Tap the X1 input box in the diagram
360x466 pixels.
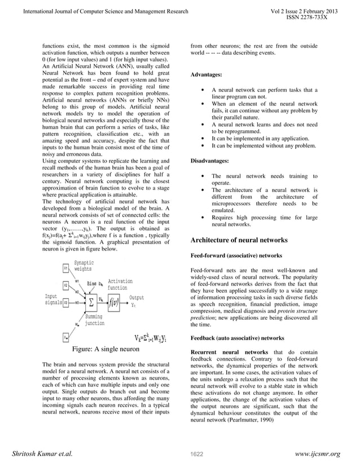tap(65, 267)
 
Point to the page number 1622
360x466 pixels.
tap(196, 454)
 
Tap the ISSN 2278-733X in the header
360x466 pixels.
tap(307, 17)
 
